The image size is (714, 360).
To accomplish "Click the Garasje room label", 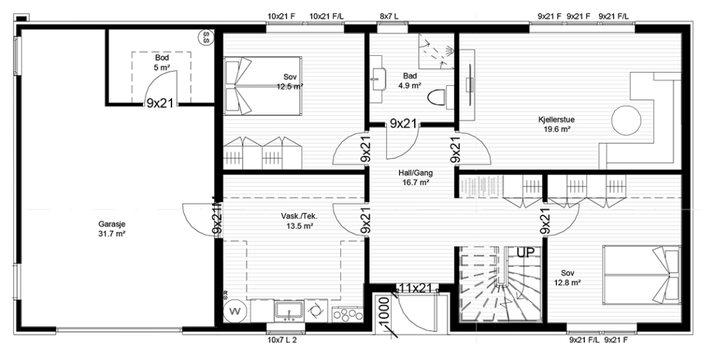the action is [112, 224].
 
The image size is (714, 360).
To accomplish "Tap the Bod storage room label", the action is [162, 59].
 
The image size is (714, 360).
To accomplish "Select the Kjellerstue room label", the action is [556, 120].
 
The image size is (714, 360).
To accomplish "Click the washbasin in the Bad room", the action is [379, 78].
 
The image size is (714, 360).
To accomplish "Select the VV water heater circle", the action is [236, 311].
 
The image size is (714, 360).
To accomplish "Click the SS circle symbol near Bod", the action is [206, 37].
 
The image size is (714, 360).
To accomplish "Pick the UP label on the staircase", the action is [525, 253].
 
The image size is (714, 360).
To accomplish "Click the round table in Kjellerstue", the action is [626, 121].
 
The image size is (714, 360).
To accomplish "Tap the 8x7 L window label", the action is [389, 17].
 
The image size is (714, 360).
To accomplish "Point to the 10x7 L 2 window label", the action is [282, 340].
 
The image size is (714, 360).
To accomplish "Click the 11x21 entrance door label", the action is [416, 287].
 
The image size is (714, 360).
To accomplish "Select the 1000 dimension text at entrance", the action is [384, 313].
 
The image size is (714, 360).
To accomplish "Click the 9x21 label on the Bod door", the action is [160, 103].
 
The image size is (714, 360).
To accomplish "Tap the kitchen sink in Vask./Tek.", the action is [289, 310].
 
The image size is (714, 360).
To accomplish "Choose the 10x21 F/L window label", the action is [326, 17].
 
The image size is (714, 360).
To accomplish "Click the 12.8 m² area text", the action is [567, 283].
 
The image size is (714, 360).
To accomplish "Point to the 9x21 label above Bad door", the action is [404, 123].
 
